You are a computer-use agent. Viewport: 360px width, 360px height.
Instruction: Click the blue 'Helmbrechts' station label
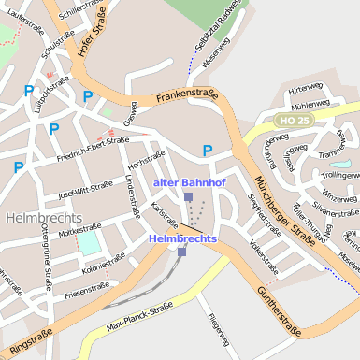[x=182, y=238]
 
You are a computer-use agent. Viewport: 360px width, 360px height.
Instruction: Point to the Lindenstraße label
[x=131, y=198]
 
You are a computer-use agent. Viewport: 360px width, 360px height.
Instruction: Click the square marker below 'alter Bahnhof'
[x=188, y=197]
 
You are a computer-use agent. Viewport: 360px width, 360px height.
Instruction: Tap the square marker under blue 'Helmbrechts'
[x=182, y=251]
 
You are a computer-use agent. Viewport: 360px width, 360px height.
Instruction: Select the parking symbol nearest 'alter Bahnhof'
[x=208, y=151]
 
